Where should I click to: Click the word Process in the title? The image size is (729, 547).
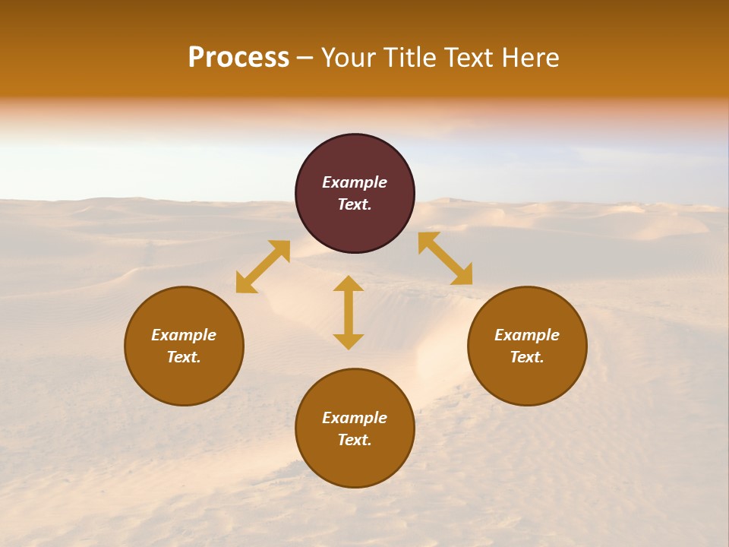point(238,58)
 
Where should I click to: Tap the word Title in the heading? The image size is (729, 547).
point(406,58)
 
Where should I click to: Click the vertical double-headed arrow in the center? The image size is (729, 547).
point(349,312)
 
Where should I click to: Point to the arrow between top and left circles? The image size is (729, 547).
point(263,267)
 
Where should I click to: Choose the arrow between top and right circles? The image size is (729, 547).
point(445,258)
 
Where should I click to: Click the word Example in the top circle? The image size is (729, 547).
point(355,182)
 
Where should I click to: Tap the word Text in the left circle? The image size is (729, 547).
point(184,357)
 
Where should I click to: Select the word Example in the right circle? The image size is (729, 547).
point(527,335)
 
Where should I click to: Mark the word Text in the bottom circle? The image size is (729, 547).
point(355,440)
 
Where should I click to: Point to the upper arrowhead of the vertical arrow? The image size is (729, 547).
point(349,283)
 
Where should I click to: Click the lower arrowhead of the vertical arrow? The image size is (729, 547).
point(349,341)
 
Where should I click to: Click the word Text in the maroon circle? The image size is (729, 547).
point(355,204)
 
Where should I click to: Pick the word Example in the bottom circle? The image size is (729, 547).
point(355,418)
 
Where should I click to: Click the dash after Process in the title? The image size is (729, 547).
point(305,58)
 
